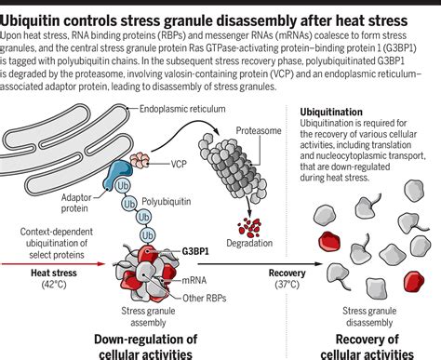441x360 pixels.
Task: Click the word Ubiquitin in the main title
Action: [x=41, y=12]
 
